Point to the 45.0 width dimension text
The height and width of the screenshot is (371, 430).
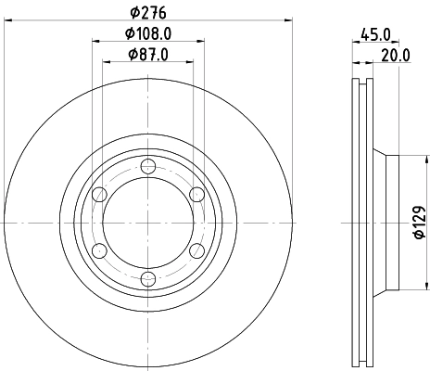coord(375,34)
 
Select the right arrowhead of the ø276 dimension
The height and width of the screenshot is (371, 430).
coord(289,19)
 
